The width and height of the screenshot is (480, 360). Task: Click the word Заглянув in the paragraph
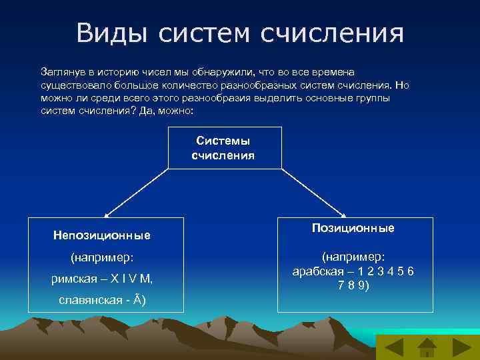point(63,71)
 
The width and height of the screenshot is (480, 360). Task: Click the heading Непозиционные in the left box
point(101,235)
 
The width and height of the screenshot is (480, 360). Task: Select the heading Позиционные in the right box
point(353,228)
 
